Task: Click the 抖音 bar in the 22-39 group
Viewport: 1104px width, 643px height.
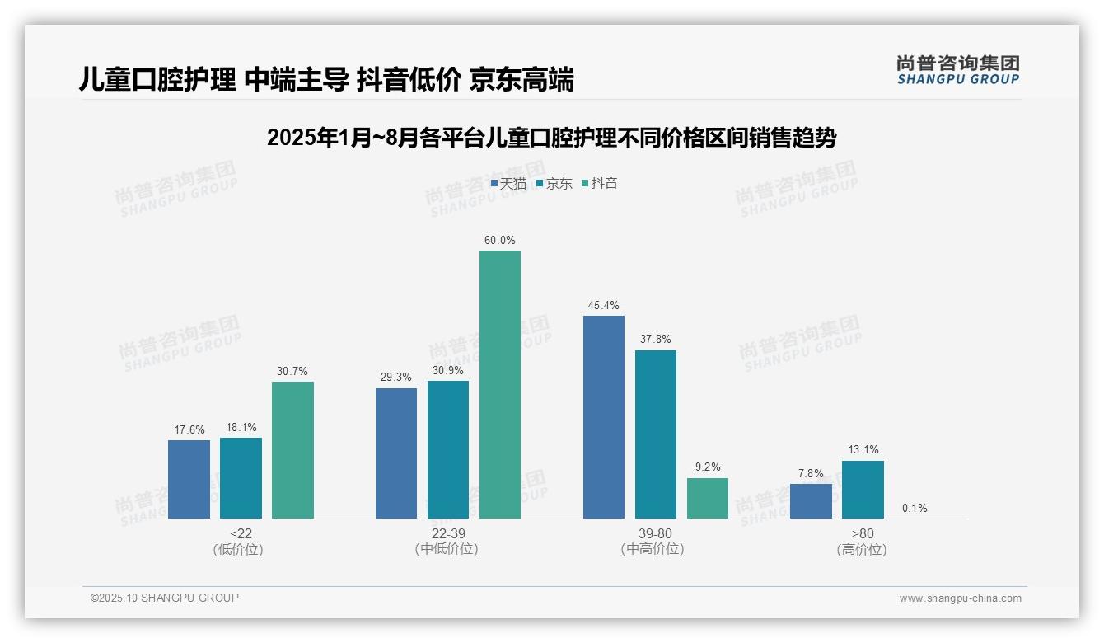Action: point(500,384)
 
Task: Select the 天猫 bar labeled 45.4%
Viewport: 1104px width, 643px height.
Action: point(604,417)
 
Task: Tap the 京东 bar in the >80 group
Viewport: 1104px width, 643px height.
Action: point(863,490)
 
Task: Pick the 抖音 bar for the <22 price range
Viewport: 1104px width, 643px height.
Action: point(292,450)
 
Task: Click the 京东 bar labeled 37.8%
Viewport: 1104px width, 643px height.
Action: point(656,434)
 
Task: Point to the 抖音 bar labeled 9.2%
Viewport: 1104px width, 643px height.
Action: point(708,498)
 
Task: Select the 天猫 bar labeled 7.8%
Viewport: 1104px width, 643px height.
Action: point(811,501)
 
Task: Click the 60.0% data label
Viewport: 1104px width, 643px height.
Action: point(500,241)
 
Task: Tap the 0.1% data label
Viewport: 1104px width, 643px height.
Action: point(915,509)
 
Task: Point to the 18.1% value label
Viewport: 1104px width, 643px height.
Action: point(241,428)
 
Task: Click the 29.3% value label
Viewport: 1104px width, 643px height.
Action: point(396,378)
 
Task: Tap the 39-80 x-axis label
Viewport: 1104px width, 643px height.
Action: point(656,534)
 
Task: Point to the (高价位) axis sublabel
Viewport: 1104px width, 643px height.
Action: point(863,550)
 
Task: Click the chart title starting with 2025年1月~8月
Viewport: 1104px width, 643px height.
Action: point(551,138)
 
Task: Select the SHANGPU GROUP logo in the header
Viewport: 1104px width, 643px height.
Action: point(957,70)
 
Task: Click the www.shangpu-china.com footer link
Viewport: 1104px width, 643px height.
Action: point(960,598)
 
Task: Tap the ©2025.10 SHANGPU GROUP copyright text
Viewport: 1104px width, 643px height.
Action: point(165,598)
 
